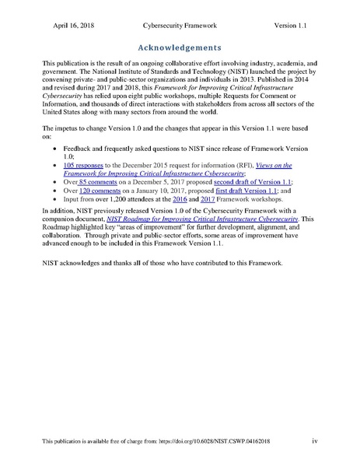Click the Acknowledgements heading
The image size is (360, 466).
click(179, 46)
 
